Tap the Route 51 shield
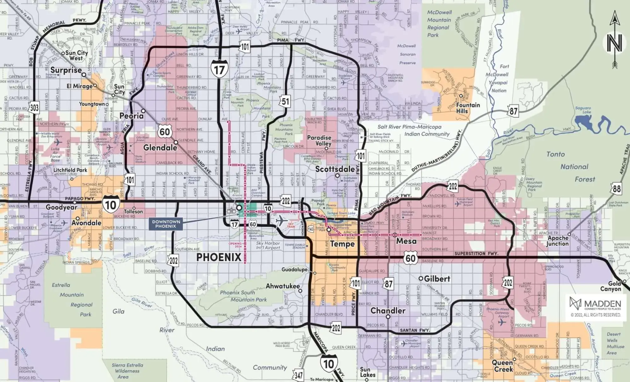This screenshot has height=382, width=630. (x=285, y=101)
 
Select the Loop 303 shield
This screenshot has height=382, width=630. (x=34, y=108)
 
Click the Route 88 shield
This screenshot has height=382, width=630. (x=616, y=189)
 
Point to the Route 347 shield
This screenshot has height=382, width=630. (x=299, y=375)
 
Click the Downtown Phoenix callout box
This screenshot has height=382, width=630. (x=166, y=224)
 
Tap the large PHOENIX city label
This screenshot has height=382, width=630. (x=219, y=257)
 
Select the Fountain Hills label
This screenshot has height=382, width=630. (x=468, y=108)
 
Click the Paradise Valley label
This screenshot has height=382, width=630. (x=319, y=140)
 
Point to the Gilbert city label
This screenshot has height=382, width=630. (x=437, y=279)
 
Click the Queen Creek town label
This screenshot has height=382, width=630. (x=503, y=366)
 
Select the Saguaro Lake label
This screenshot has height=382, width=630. (x=583, y=110)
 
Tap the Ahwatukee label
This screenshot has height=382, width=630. (x=282, y=286)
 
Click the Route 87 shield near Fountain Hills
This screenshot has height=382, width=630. (x=513, y=111)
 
